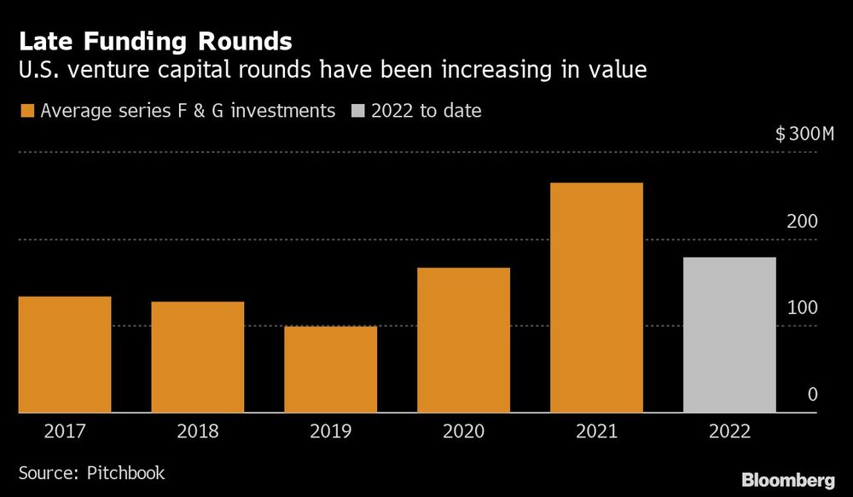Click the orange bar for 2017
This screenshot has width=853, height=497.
click(x=65, y=355)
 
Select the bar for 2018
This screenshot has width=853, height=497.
click(x=198, y=357)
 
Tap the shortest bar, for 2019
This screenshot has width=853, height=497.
click(x=330, y=370)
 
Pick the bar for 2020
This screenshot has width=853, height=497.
click(x=463, y=340)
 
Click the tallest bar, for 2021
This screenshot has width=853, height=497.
click(x=596, y=298)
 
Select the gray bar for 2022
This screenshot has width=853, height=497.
click(x=729, y=335)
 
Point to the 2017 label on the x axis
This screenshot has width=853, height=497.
click(x=65, y=431)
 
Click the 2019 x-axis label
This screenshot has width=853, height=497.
click(x=330, y=431)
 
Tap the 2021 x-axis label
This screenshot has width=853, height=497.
click(x=596, y=431)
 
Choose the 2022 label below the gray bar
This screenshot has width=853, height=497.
click(x=729, y=431)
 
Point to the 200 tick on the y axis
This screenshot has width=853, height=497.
click(x=802, y=222)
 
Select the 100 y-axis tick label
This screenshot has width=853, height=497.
click(x=802, y=309)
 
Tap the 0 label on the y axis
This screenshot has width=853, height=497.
click(x=812, y=395)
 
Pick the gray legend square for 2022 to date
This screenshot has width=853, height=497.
click(x=357, y=111)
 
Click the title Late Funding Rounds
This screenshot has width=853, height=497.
click(x=154, y=41)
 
